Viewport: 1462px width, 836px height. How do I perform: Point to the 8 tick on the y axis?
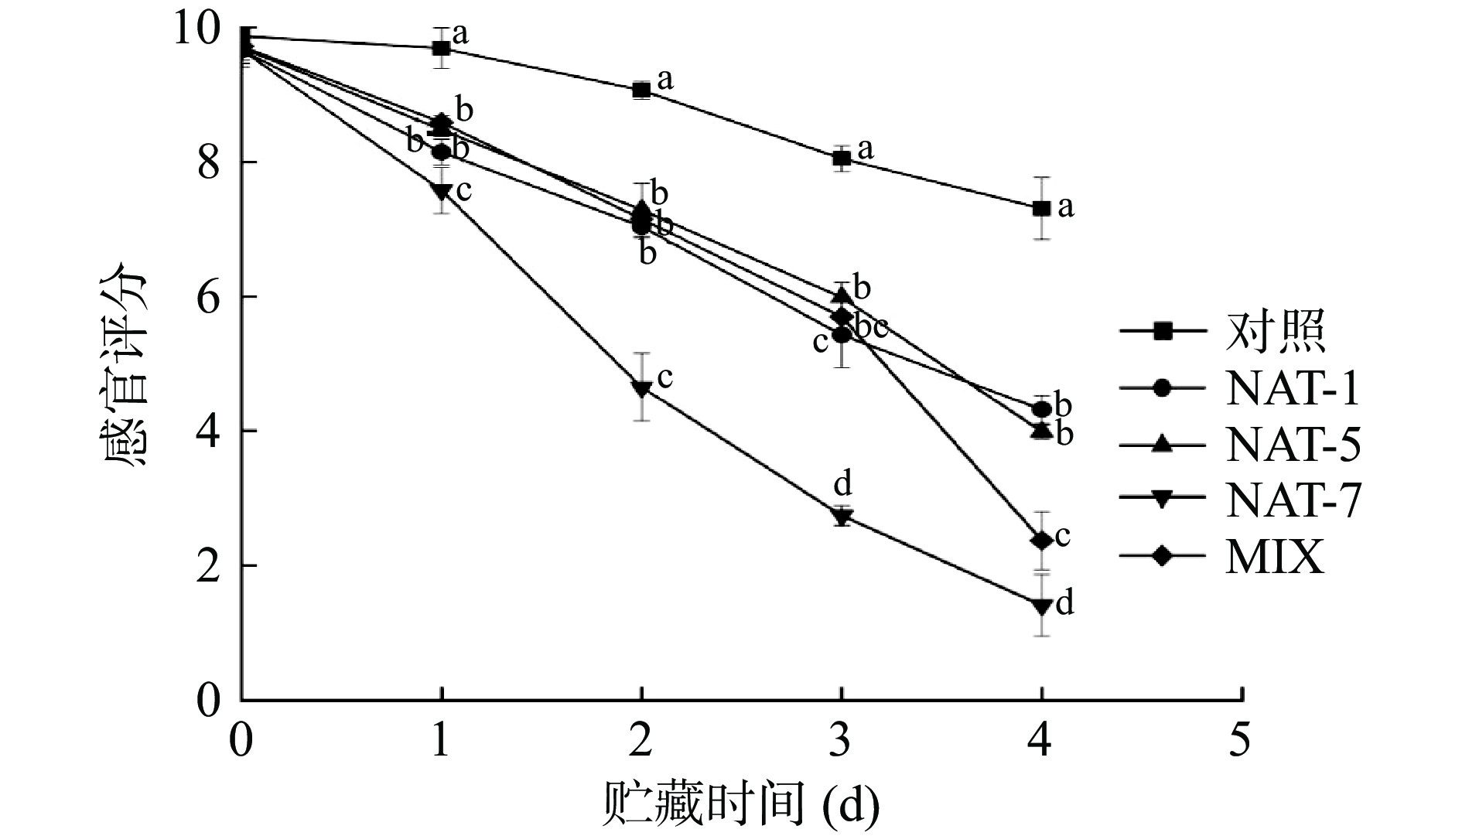tap(209, 162)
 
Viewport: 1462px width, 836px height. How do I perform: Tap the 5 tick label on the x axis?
tap(1241, 742)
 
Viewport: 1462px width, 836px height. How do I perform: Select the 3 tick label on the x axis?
tap(842, 742)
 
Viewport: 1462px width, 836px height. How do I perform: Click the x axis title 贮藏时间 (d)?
tap(740, 805)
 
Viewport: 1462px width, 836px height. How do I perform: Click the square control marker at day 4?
tap(1041, 208)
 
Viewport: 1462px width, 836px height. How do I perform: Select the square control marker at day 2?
tap(640, 90)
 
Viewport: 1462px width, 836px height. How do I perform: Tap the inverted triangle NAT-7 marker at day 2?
tap(641, 388)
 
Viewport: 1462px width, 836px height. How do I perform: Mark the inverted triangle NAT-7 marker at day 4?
tap(1041, 606)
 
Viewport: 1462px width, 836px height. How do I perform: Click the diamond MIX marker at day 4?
tap(1042, 540)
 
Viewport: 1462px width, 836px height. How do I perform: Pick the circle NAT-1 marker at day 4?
tap(1041, 409)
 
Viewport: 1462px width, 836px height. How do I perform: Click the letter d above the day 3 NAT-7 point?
tap(842, 485)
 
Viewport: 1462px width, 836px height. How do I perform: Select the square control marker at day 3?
tap(842, 158)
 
